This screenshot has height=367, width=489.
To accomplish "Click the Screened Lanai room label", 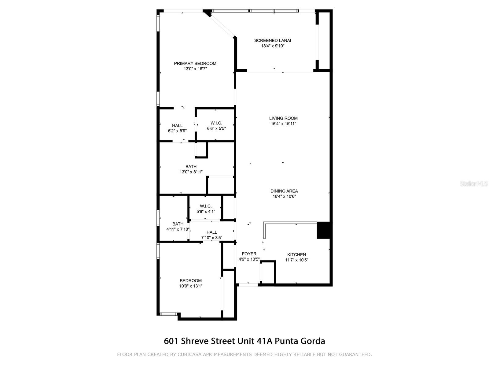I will [273, 40].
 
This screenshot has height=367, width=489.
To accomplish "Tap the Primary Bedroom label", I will [195, 63].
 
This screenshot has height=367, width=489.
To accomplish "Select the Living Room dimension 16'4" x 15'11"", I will [283, 124].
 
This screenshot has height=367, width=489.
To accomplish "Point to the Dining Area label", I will [284, 191].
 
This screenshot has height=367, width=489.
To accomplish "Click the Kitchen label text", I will [296, 254].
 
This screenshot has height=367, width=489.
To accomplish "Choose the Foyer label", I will [249, 254].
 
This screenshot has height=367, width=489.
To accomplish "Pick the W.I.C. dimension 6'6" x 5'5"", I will [216, 128].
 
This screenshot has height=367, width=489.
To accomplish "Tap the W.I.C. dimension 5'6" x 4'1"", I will [206, 211].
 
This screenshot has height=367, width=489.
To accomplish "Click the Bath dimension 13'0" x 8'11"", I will [191, 172].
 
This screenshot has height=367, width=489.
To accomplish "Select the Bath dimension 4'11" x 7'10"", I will [178, 229].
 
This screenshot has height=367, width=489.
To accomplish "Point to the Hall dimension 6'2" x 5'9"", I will [177, 131].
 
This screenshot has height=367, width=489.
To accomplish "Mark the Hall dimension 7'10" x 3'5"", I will [211, 238].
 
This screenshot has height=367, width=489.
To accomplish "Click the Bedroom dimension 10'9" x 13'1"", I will [191, 286].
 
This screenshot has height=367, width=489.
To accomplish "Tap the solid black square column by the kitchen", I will [323, 230].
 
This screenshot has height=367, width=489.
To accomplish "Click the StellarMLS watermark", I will [474, 184].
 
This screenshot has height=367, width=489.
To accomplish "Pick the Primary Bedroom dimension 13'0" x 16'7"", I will [195, 69].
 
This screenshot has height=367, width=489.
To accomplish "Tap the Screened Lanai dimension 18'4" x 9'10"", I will [273, 46].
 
